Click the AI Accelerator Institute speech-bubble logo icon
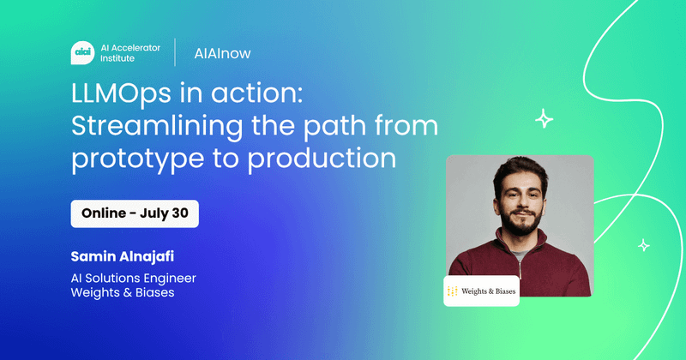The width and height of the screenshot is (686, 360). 82,53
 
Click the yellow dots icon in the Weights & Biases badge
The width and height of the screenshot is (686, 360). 453,291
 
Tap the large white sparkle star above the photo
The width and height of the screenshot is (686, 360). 544,119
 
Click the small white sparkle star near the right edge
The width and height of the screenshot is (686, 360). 644,245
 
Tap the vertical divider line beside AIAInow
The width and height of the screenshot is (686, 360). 175,52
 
